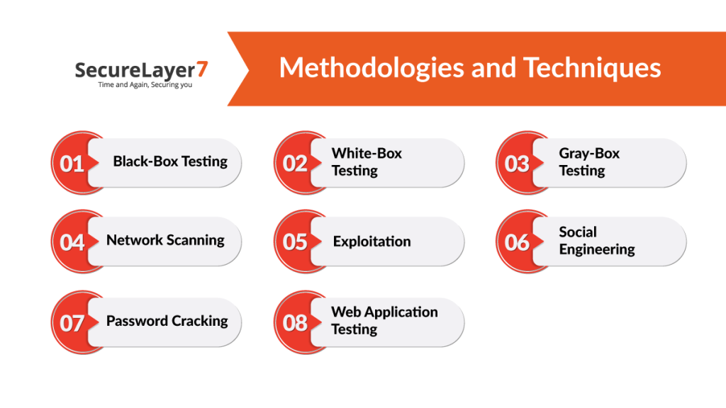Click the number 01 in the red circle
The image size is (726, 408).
pyautogui.click(x=72, y=164)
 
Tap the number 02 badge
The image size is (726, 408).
pyautogui.click(x=295, y=164)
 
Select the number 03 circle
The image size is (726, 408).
pyautogui.click(x=518, y=164)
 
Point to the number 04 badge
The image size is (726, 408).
pyautogui.click(x=72, y=242)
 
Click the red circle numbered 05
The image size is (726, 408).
pyautogui.click(x=295, y=242)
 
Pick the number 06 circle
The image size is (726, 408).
pyautogui.click(x=518, y=242)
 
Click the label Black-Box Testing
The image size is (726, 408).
pyautogui.click(x=170, y=161)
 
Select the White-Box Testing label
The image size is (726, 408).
pyautogui.click(x=367, y=162)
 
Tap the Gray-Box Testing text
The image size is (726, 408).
pyautogui.click(x=589, y=162)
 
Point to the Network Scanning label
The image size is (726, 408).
pyautogui.click(x=165, y=240)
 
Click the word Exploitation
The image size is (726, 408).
pyautogui.click(x=372, y=242)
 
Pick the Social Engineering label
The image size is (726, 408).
pyautogui.click(x=596, y=241)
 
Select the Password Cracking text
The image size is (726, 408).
pyautogui.click(x=167, y=321)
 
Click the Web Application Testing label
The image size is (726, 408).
pyautogui.click(x=384, y=321)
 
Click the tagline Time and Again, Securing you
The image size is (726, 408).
pyautogui.click(x=145, y=85)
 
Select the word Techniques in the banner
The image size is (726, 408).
pyautogui.click(x=592, y=68)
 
